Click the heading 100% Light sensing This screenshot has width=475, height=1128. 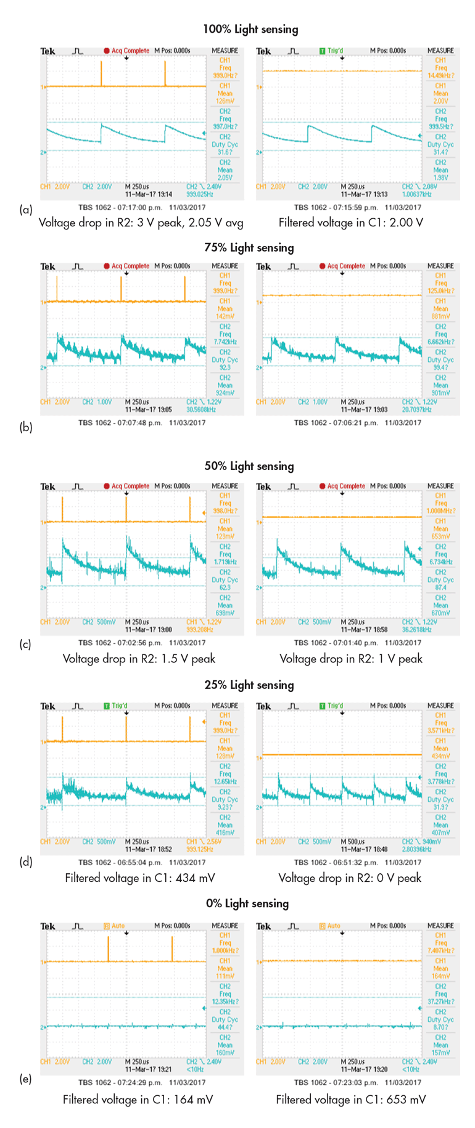(x=250, y=29)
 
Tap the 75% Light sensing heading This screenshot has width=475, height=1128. (x=249, y=247)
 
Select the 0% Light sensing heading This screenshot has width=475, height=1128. (x=247, y=904)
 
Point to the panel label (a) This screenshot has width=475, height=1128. (x=26, y=210)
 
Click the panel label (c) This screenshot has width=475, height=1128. (x=25, y=644)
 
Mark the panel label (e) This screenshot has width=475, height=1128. (x=26, y=1079)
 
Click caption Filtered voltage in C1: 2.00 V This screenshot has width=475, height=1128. (x=351, y=223)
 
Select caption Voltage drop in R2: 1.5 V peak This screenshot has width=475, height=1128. (x=139, y=659)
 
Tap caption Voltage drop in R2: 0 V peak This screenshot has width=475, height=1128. (x=350, y=878)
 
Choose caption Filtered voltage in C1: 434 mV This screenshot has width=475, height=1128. (x=140, y=878)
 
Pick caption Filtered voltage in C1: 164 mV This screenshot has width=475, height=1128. (x=138, y=1099)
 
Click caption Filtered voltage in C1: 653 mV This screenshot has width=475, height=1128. (x=351, y=1099)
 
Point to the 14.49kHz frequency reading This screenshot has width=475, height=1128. (x=440, y=75)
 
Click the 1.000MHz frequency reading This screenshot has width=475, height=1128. (x=440, y=511)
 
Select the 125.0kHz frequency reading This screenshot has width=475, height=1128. (x=440, y=290)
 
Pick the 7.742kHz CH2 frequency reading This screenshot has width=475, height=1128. (x=225, y=342)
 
